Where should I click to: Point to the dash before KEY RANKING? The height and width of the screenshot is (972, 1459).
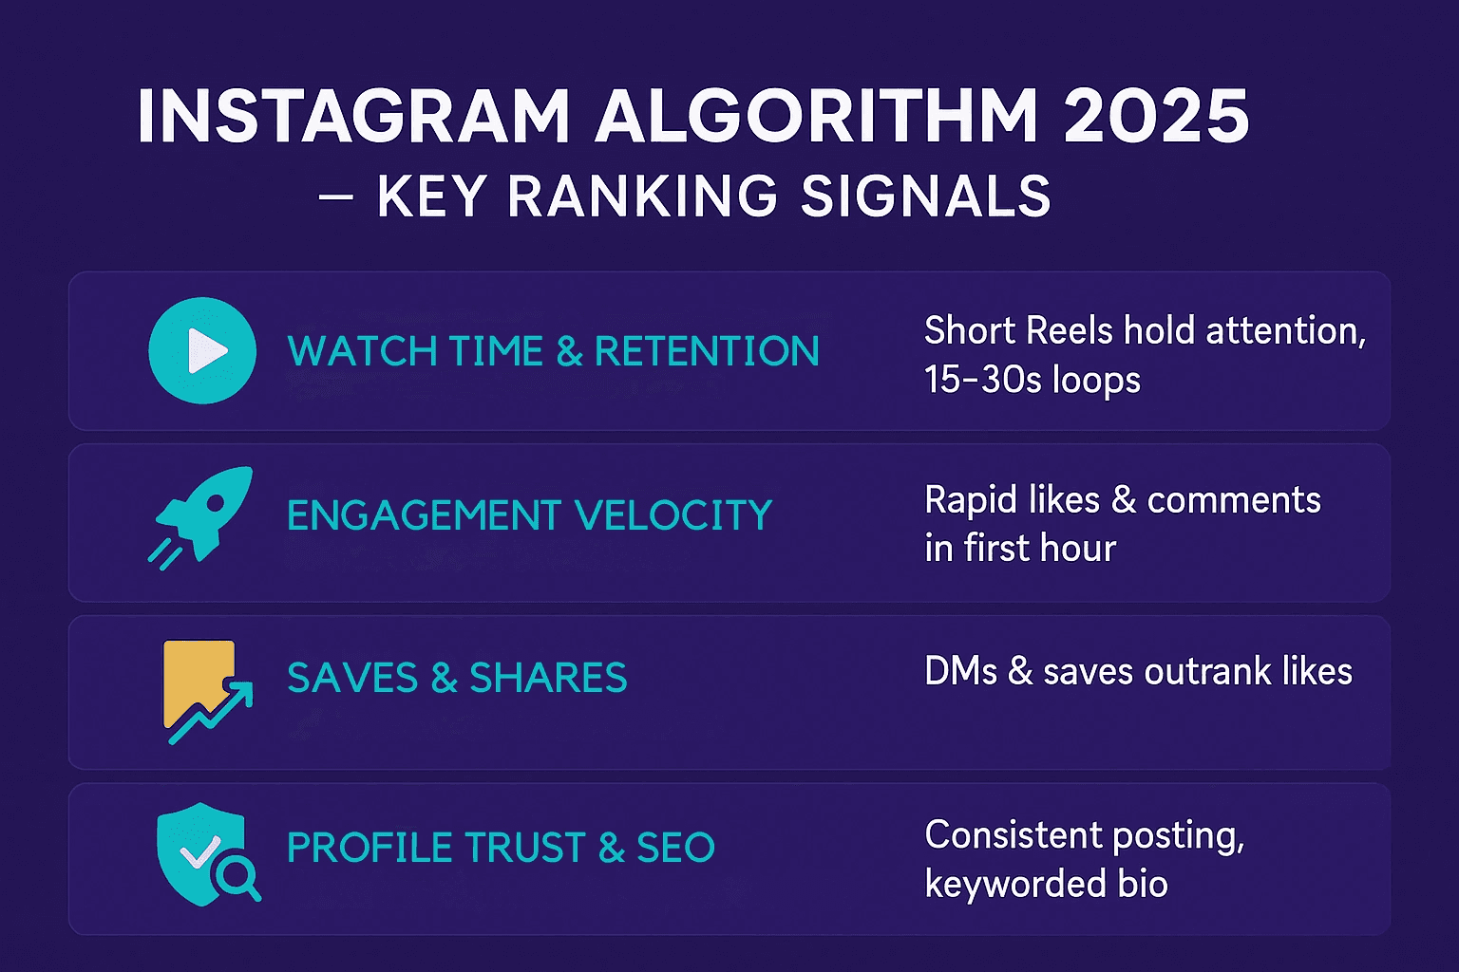[337, 197]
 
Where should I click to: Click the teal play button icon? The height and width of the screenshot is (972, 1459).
[202, 351]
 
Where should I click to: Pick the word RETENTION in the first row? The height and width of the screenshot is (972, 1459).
[707, 351]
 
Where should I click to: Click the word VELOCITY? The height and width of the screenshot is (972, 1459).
[673, 515]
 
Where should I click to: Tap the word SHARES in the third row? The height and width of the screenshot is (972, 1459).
[548, 679]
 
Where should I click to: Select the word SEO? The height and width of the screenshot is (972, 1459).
[675, 848]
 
